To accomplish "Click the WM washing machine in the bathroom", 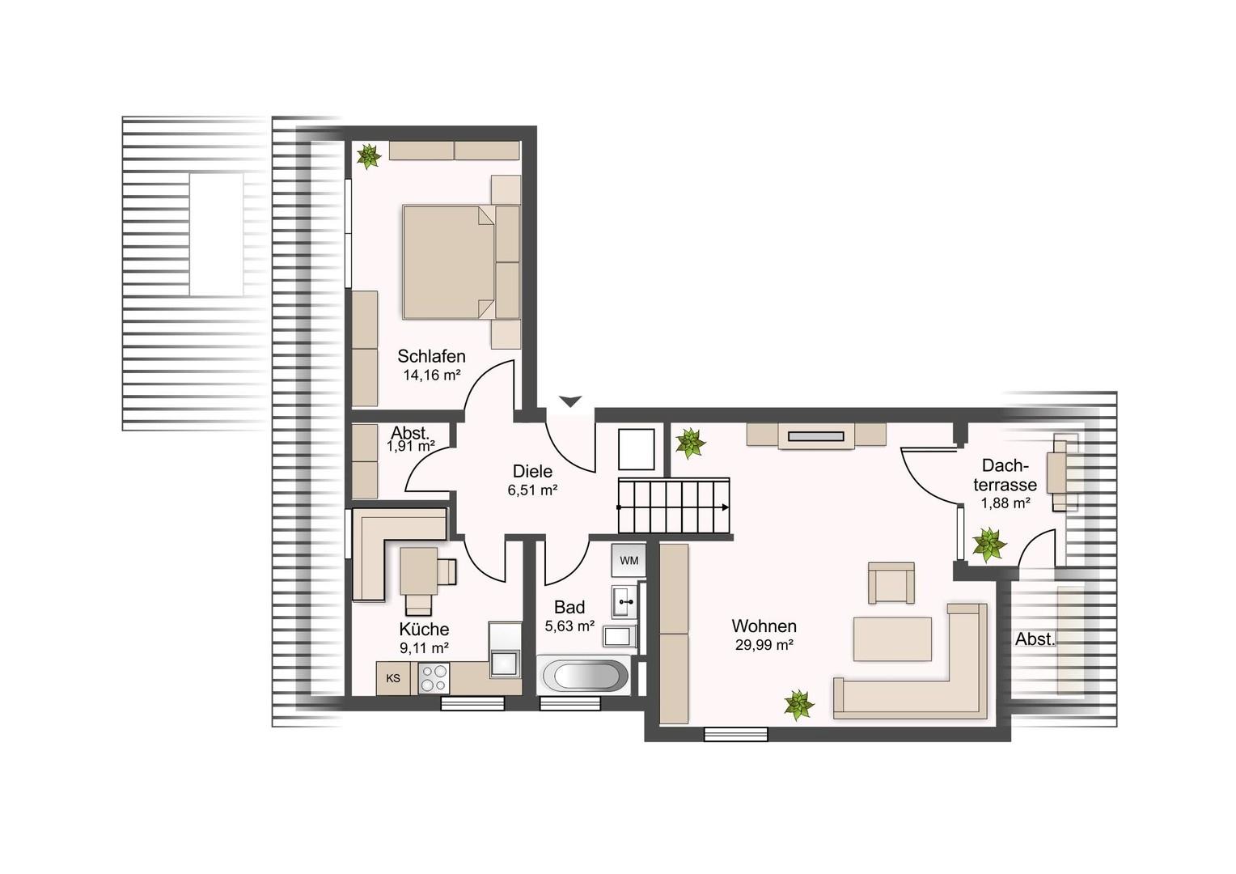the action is pyautogui.click(x=629, y=560).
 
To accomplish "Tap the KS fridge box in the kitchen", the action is pyautogui.click(x=393, y=678).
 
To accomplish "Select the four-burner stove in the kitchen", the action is pyautogui.click(x=434, y=678).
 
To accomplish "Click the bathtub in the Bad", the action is pyautogui.click(x=583, y=675).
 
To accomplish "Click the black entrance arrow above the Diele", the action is pyautogui.click(x=570, y=401).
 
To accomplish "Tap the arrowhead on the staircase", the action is pyautogui.click(x=725, y=507).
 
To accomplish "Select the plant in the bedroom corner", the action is pyautogui.click(x=369, y=156).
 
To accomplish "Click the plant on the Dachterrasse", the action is pyautogui.click(x=988, y=545).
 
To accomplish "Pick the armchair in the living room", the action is pyautogui.click(x=891, y=583).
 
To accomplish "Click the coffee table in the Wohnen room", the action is pyautogui.click(x=892, y=639).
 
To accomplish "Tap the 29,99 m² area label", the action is pyautogui.click(x=764, y=644).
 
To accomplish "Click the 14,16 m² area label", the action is pyautogui.click(x=431, y=375).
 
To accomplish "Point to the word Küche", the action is pyautogui.click(x=424, y=629).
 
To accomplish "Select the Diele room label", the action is pyautogui.click(x=532, y=471).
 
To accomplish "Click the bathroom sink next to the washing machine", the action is pyautogui.click(x=624, y=601).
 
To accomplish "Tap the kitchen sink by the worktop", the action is pyautogui.click(x=505, y=663).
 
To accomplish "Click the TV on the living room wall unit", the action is pyautogui.click(x=816, y=437).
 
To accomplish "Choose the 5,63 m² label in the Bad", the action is pyautogui.click(x=569, y=626).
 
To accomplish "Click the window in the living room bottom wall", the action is pyautogui.click(x=735, y=734).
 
